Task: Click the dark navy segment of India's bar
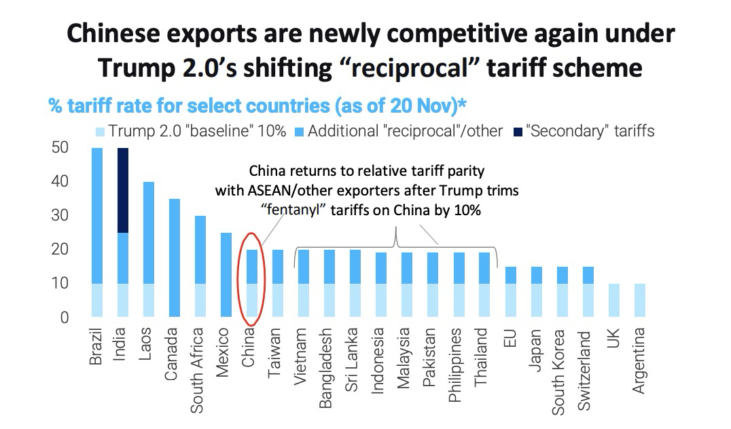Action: [x=123, y=190]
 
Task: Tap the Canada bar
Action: [x=174, y=258]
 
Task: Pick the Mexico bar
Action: [x=226, y=275]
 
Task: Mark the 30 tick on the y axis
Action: [x=62, y=216]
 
